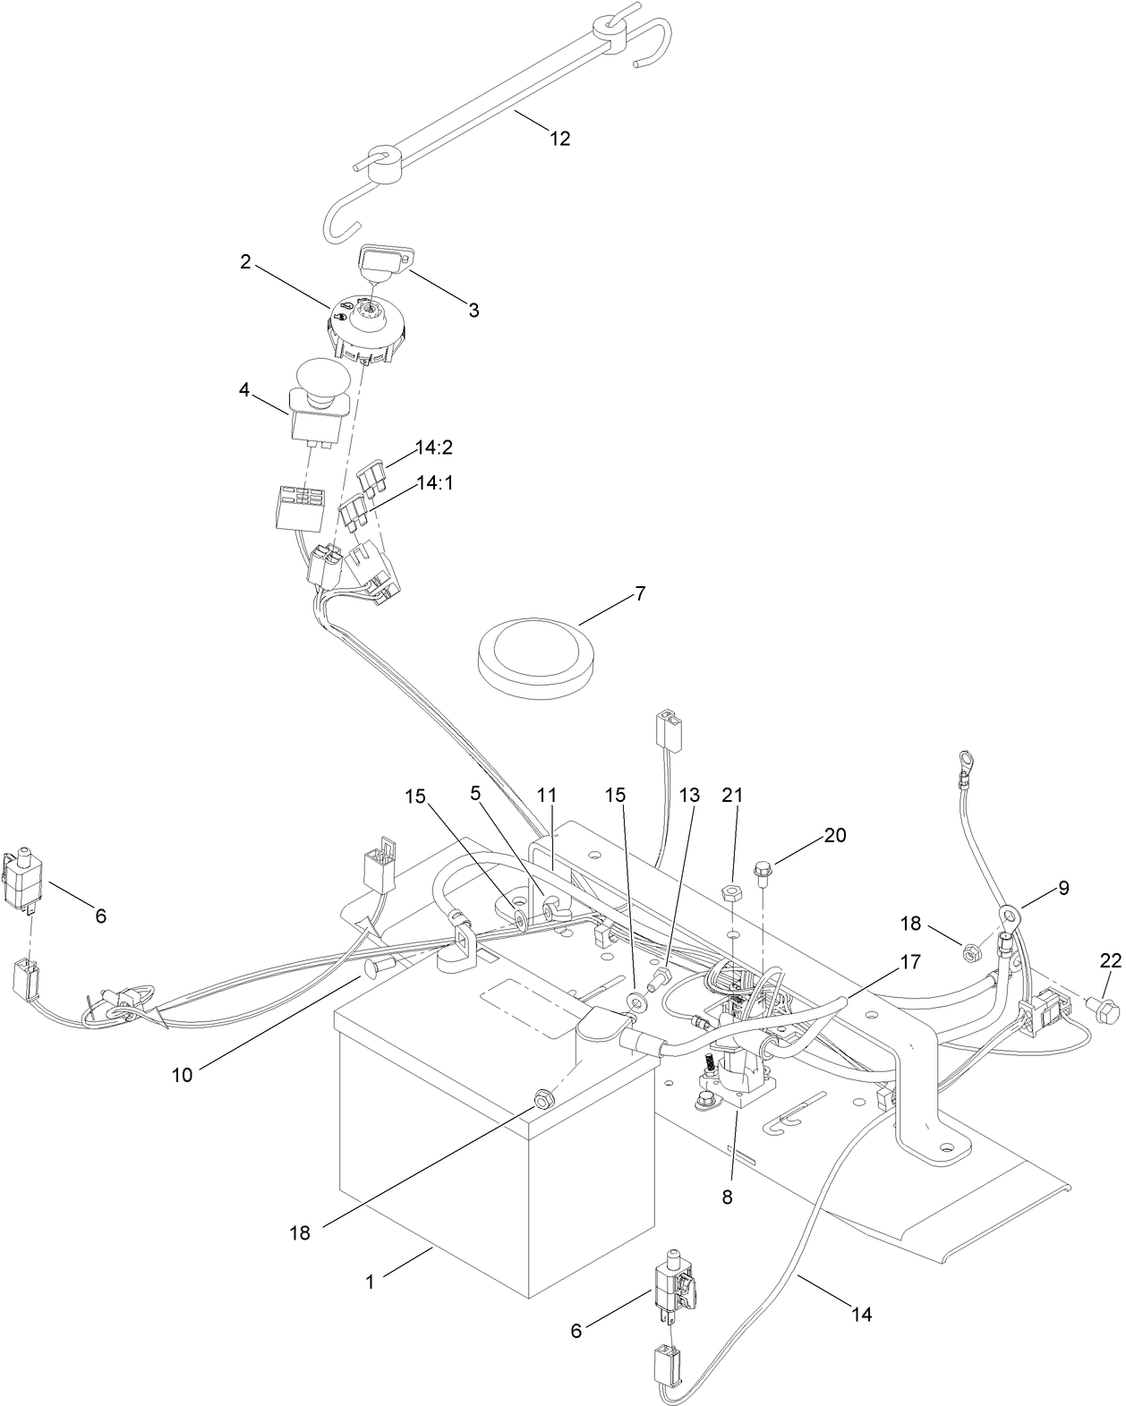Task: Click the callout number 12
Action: (559, 139)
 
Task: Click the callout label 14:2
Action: (434, 447)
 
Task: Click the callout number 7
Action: (639, 593)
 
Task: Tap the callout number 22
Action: (1110, 960)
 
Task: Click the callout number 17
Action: (910, 963)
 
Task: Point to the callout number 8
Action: (727, 1197)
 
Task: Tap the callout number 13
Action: (689, 795)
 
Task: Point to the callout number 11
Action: (547, 795)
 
